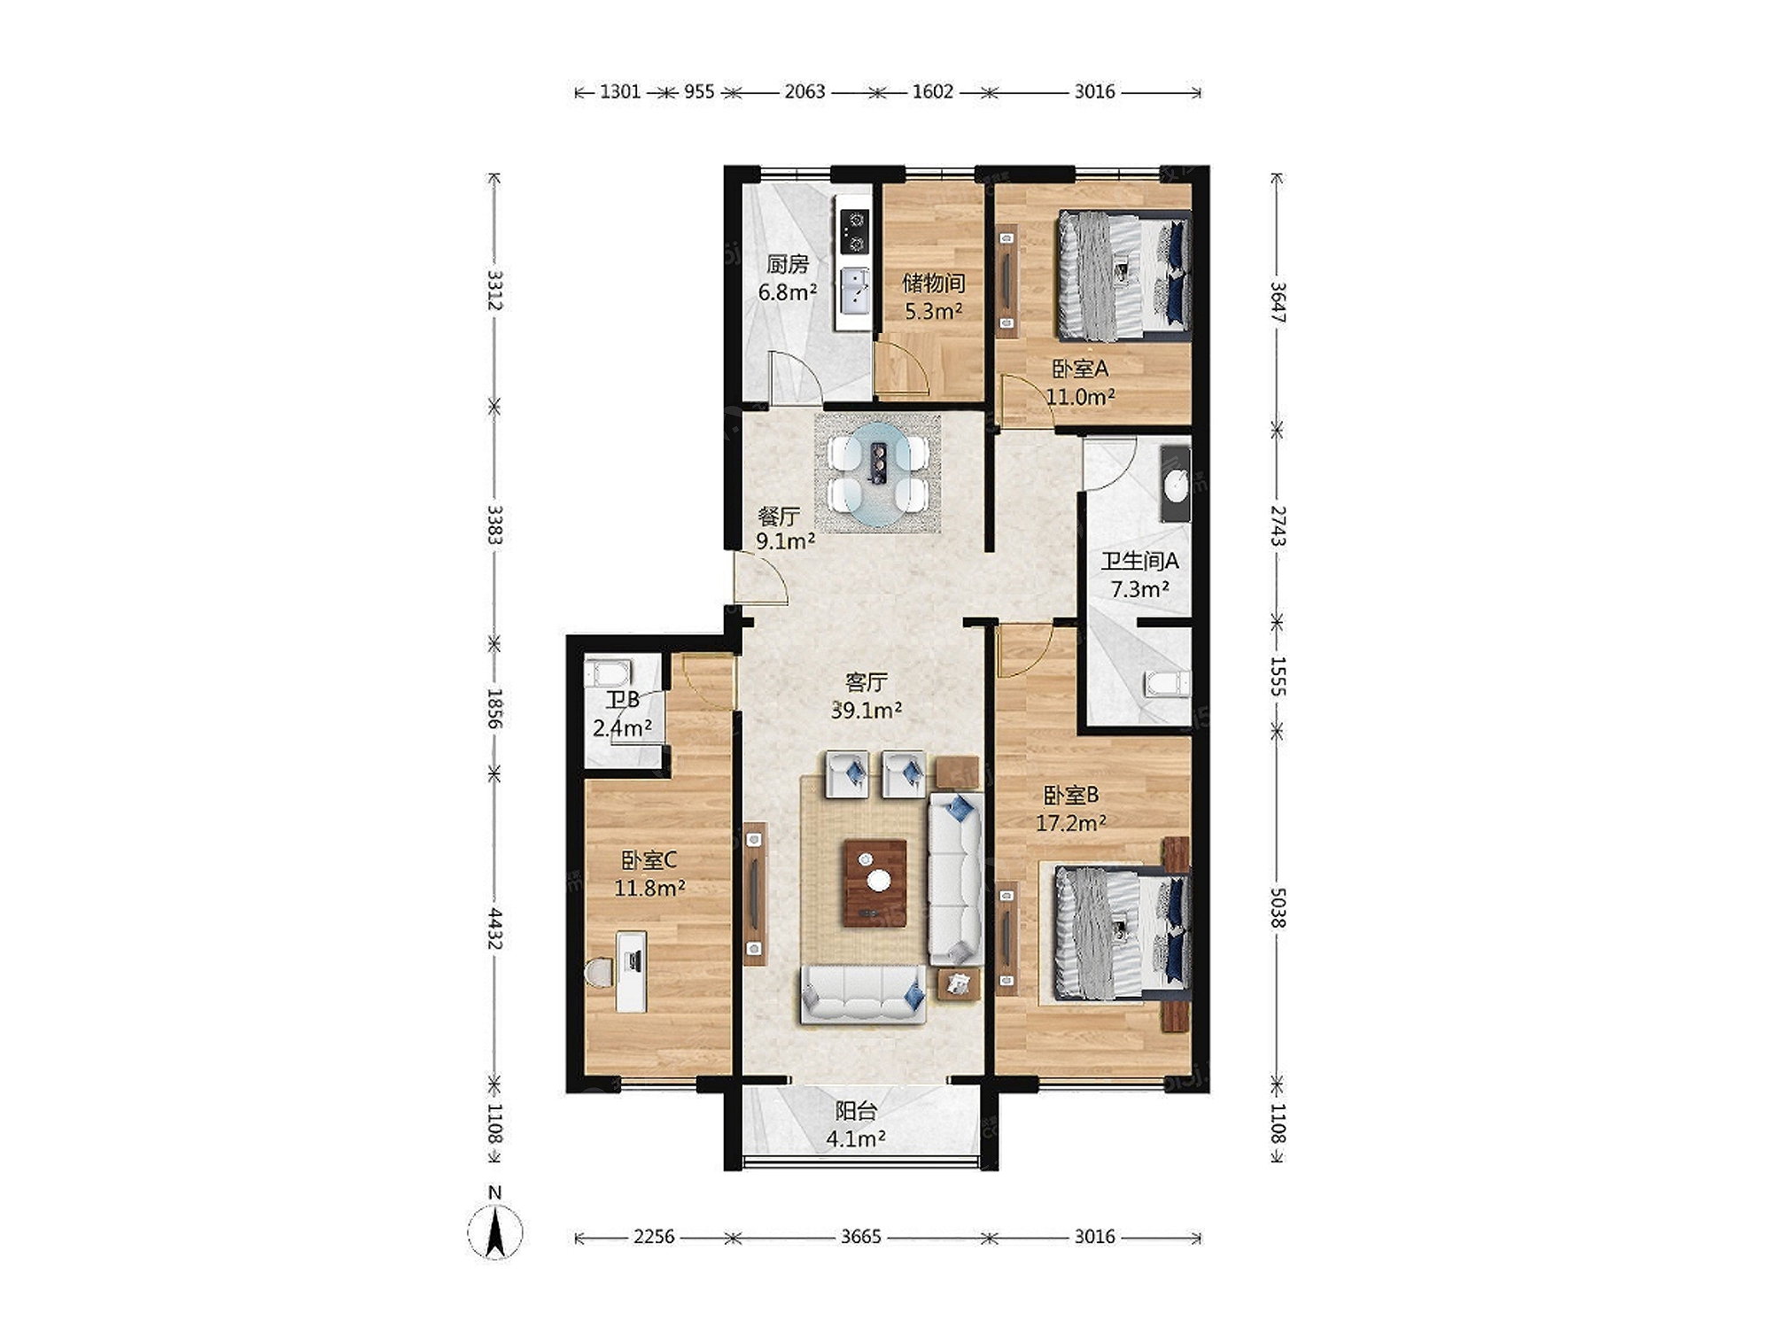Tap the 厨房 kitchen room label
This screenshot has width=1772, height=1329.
click(x=788, y=264)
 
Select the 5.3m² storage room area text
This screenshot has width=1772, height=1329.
click(x=933, y=311)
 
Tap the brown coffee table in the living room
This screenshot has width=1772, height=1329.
click(x=875, y=882)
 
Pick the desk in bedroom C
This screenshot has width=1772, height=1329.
click(x=631, y=971)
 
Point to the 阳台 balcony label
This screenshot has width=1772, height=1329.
click(x=856, y=1111)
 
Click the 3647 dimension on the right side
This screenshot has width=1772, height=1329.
click(x=1278, y=301)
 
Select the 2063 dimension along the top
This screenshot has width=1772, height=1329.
click(x=804, y=91)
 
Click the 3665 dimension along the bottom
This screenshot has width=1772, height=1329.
click(x=861, y=1236)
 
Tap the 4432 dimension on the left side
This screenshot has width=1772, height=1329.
click(x=494, y=929)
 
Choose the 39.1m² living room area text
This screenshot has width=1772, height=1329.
click(x=867, y=710)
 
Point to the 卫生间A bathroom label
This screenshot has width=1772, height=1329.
click(x=1139, y=561)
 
